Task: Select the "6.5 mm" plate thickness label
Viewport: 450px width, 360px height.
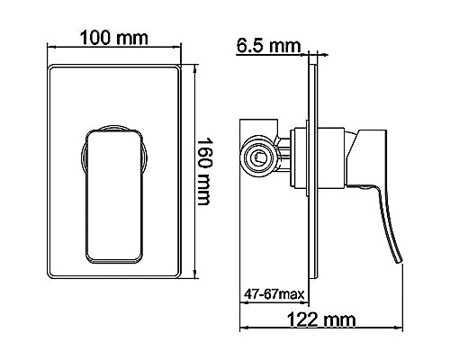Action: pyautogui.click(x=267, y=44)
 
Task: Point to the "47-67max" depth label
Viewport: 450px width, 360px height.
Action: pyautogui.click(x=273, y=294)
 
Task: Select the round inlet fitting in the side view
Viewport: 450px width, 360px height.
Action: pyautogui.click(x=258, y=158)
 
